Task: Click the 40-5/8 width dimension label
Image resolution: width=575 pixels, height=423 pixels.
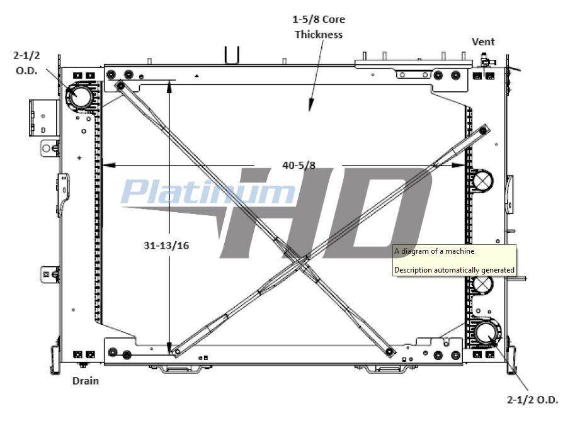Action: point(299,166)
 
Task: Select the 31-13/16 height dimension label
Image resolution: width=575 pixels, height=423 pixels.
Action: point(166,245)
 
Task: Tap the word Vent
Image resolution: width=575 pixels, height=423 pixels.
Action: point(483,42)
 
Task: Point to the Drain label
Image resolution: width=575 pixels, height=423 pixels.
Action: point(86,381)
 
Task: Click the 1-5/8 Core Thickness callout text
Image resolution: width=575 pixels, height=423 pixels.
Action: point(318,27)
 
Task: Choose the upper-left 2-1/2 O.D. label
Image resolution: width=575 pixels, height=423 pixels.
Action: point(27,63)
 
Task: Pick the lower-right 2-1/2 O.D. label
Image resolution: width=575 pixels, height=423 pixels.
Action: point(532,400)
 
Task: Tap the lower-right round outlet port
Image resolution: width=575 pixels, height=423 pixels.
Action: point(487,333)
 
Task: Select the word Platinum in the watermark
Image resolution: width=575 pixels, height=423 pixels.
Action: point(208,191)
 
